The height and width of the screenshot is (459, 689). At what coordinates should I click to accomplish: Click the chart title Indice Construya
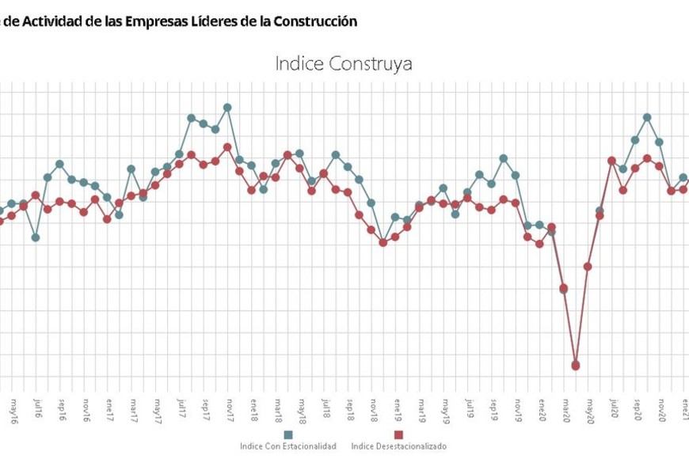[x=344, y=63]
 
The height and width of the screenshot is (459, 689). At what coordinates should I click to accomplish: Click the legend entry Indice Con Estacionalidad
[x=288, y=446]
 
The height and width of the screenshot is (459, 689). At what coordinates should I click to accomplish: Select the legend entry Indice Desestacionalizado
[x=398, y=446]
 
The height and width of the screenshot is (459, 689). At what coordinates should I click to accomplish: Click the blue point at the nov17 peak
[x=227, y=107]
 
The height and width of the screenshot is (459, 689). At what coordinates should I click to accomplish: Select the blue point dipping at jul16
[x=36, y=237]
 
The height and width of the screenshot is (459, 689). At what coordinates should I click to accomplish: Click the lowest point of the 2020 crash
[x=576, y=366]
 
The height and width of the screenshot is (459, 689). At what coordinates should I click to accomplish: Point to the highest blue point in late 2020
[x=647, y=117]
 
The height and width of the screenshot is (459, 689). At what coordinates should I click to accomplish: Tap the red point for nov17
[x=227, y=147]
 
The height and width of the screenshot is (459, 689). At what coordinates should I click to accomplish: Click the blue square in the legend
[x=288, y=434]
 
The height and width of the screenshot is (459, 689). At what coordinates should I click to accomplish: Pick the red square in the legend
[x=398, y=434]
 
